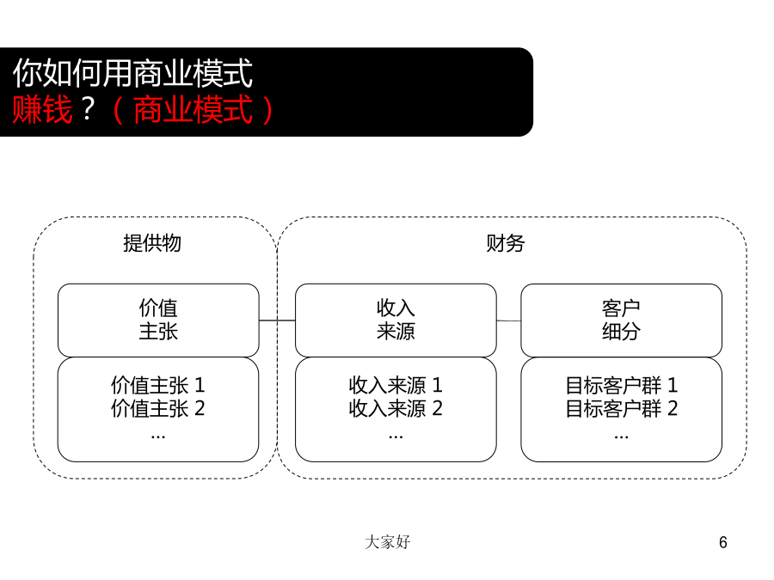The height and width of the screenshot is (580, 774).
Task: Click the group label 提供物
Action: pos(152,243)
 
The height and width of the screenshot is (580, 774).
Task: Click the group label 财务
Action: pos(506,243)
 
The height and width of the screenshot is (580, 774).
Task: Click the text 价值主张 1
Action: pos(158,385)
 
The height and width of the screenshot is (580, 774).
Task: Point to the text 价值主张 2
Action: pos(158,409)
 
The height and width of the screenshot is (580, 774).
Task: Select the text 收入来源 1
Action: pos(396,385)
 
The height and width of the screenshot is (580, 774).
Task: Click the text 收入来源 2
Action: pos(396,409)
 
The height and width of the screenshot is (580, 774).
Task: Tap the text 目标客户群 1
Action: pos(622,385)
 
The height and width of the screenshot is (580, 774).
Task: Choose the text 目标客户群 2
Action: pos(622,409)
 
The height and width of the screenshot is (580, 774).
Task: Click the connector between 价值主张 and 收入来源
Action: pos(278,321)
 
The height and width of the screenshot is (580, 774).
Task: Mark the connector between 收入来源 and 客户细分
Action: pos(509,321)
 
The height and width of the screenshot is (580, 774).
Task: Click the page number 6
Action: pos(723,542)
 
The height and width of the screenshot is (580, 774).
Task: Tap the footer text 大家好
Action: pos(388,542)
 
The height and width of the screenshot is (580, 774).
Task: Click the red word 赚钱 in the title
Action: pos(42,109)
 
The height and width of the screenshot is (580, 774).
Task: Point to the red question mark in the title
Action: pos(88,109)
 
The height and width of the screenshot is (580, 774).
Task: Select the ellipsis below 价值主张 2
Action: pos(158,437)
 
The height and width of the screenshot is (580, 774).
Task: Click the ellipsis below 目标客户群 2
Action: pos(622,437)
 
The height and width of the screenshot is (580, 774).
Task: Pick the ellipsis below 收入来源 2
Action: pos(396,437)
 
